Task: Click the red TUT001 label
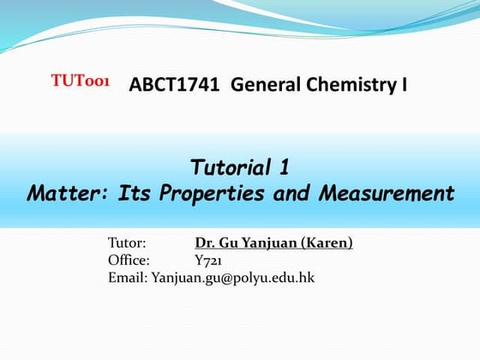pos(80,81)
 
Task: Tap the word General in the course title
pos(261,84)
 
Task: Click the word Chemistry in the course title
pos(351,84)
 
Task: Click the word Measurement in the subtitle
pos(385,192)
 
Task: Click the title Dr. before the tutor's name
pos(205,243)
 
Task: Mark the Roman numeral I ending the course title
pos(403,84)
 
